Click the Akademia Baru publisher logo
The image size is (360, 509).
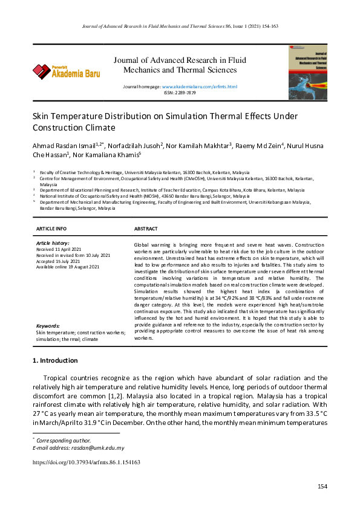(67, 72)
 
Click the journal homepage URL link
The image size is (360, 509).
(200, 87)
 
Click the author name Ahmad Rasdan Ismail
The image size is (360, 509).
(67, 146)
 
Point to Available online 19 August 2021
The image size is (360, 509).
(69, 267)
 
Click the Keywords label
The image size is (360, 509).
(48, 325)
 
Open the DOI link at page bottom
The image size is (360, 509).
(86, 462)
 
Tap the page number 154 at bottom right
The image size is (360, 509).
(322, 487)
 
